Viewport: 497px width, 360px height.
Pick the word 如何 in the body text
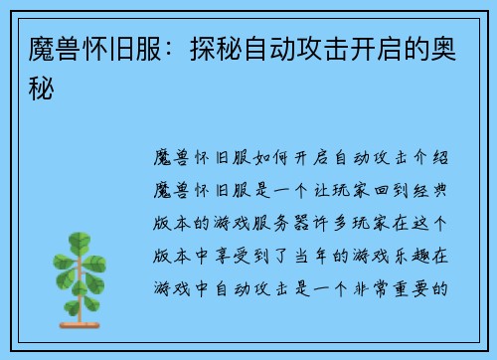click(x=268, y=158)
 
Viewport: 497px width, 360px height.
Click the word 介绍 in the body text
click(x=431, y=158)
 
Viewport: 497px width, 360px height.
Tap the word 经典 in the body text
click(x=431, y=191)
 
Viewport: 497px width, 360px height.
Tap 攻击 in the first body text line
click(x=386, y=158)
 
